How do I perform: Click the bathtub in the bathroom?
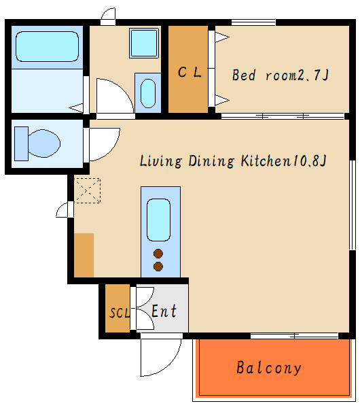(47, 46)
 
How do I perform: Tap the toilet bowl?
(44, 143)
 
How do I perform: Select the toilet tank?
(21, 143)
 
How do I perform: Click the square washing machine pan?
(144, 43)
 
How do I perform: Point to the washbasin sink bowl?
(148, 93)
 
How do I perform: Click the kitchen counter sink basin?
(158, 220)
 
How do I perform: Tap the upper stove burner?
(158, 254)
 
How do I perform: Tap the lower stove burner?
(158, 267)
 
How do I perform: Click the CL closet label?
(190, 72)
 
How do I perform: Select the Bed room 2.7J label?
(281, 75)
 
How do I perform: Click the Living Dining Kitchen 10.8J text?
(233, 160)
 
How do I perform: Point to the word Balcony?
(269, 368)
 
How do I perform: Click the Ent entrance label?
(164, 311)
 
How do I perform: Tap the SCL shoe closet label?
(120, 313)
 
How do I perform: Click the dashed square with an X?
(88, 190)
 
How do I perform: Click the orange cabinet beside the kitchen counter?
(84, 255)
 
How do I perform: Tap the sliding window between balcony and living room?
(294, 336)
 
